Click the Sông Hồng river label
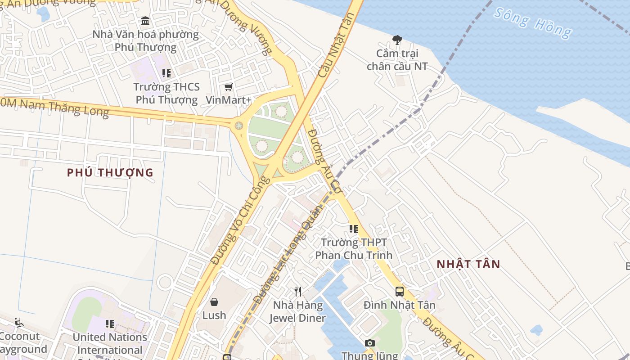click(x=533, y=22)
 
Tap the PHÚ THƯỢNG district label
click(x=110, y=173)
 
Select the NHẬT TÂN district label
click(x=468, y=265)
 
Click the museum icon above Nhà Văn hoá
click(x=145, y=21)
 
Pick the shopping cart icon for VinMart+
click(x=228, y=87)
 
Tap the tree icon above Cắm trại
click(x=397, y=40)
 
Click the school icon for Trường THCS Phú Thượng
click(x=166, y=73)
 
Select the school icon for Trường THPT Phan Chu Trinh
click(x=354, y=229)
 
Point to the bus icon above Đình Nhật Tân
click(x=400, y=292)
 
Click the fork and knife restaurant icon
click(x=297, y=292)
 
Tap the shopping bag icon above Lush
click(x=214, y=301)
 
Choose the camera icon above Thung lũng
click(x=370, y=343)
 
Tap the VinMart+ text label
click(x=228, y=100)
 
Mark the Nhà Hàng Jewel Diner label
click(x=297, y=312)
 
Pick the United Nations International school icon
click(x=110, y=324)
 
